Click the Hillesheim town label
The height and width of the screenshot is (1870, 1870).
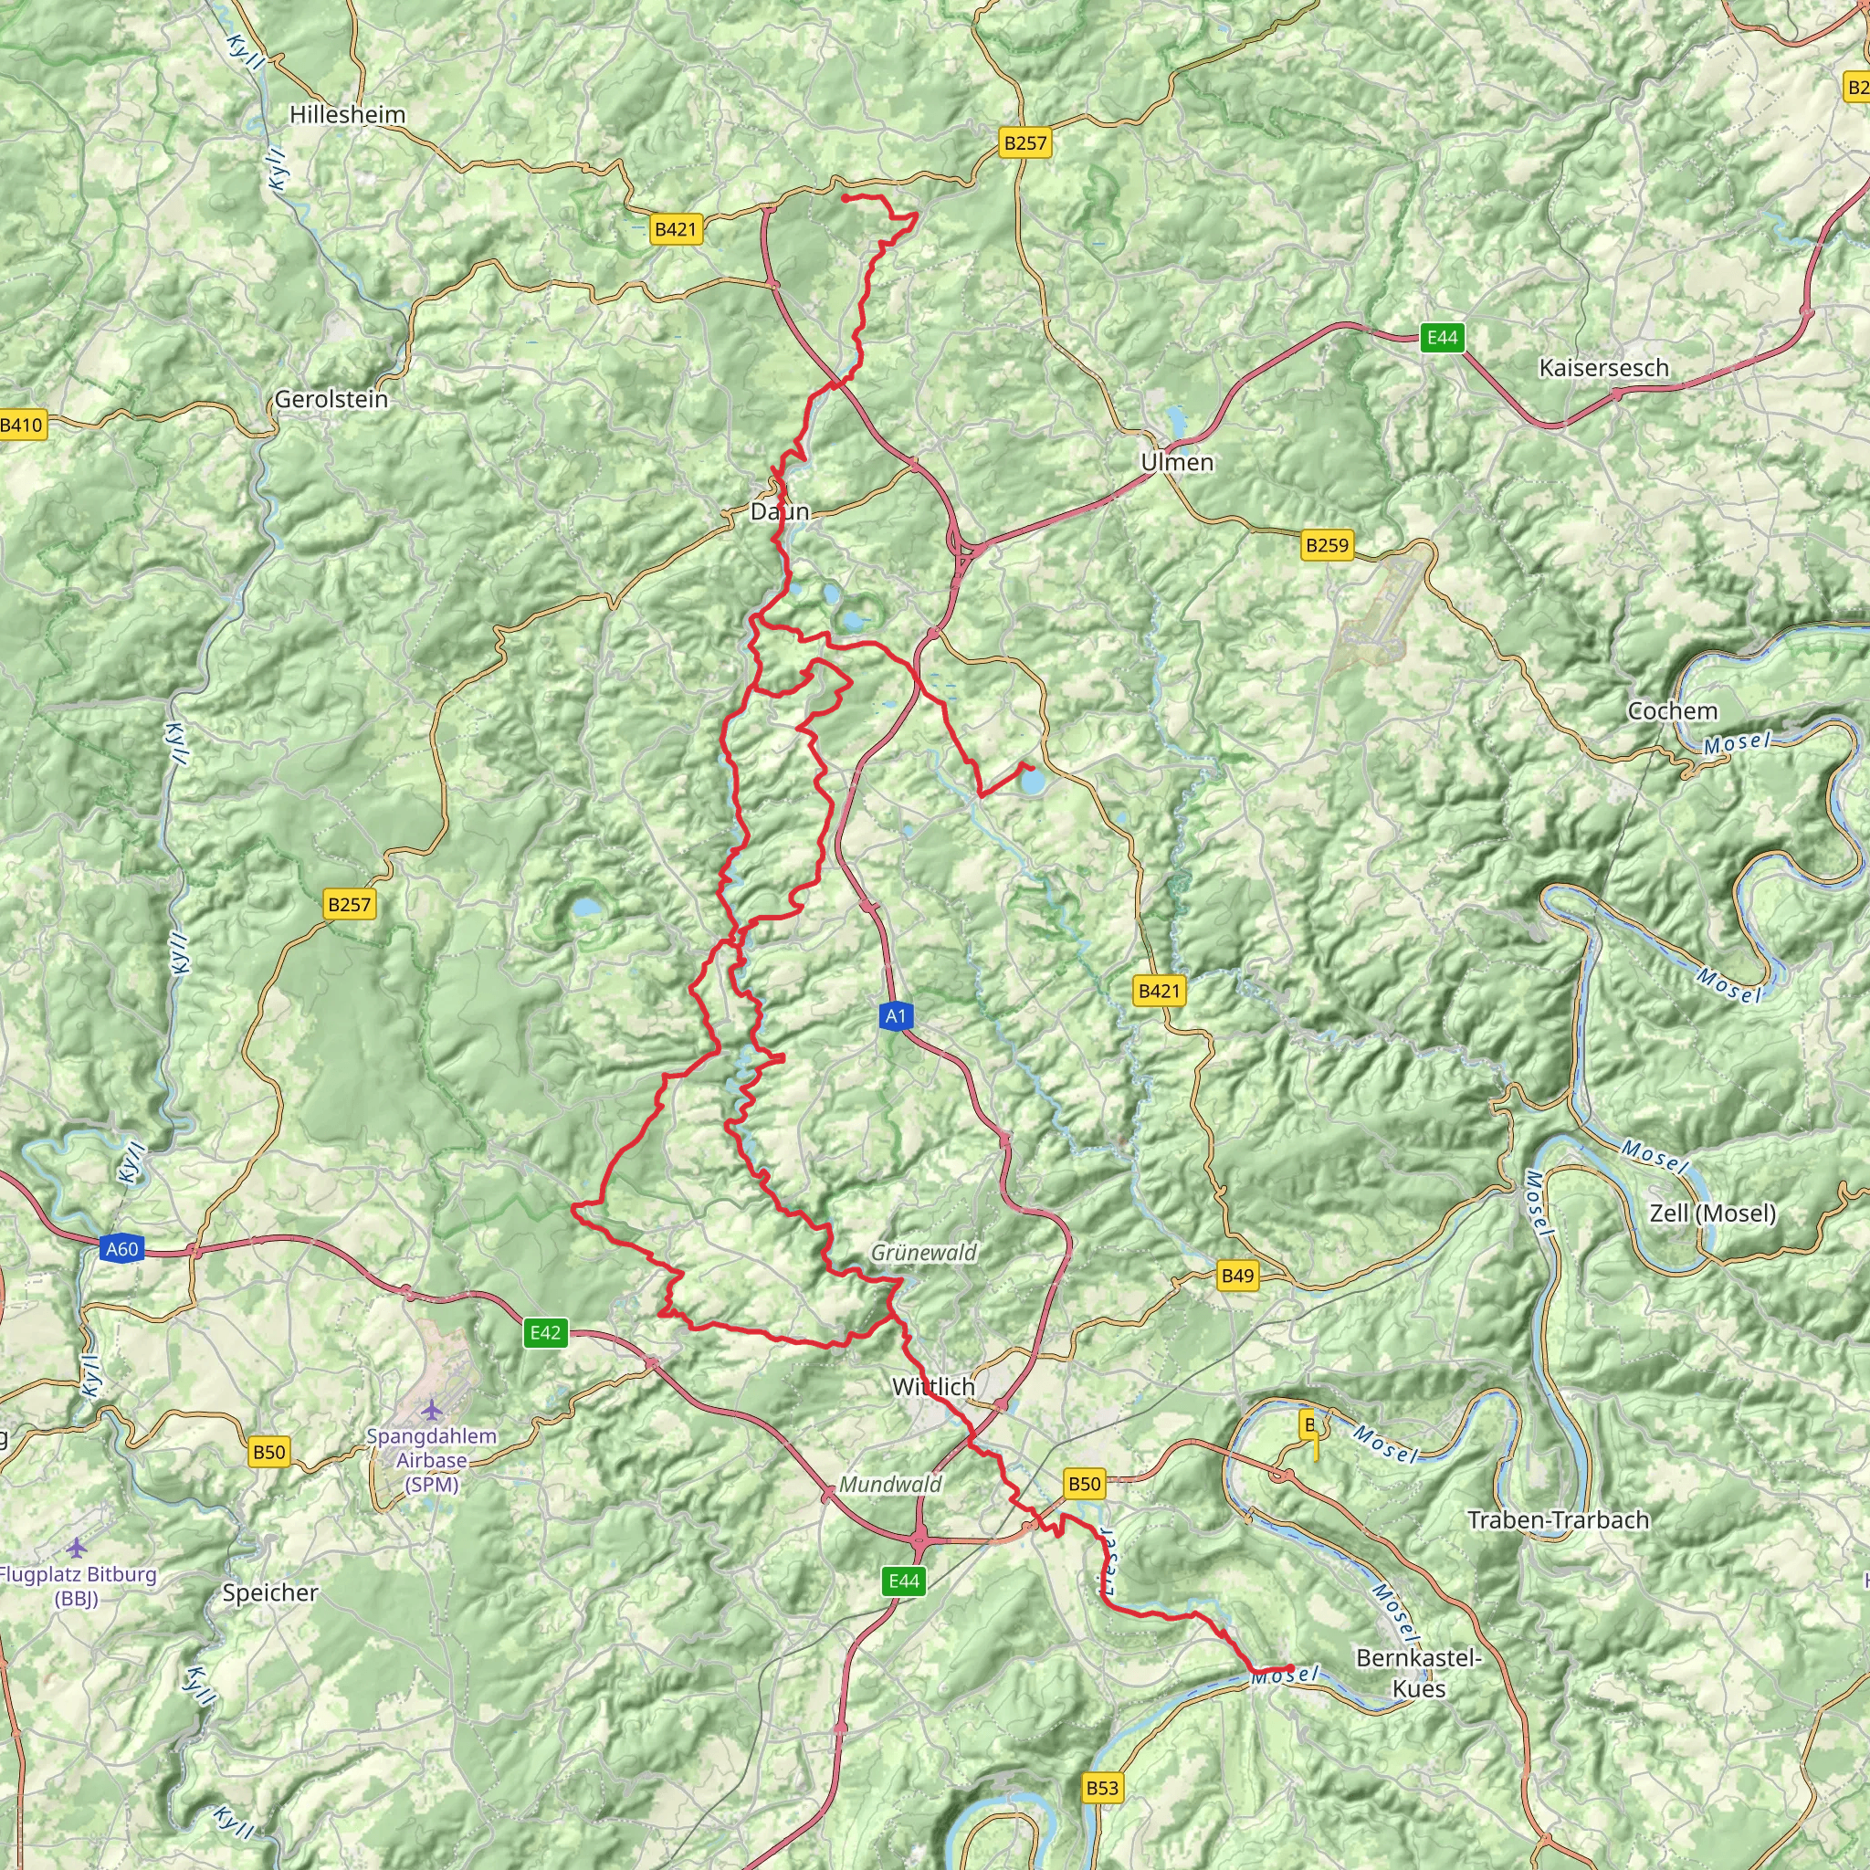click(348, 114)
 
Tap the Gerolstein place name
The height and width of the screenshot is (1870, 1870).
click(331, 399)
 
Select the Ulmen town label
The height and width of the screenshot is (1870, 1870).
click(1176, 462)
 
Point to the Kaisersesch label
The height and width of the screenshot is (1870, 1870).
click(1603, 368)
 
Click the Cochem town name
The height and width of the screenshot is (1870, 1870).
click(1673, 710)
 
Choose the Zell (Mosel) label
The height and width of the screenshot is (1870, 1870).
click(1713, 1213)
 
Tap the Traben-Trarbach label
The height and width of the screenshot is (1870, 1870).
click(1559, 1519)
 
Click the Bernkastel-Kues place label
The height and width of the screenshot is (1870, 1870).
click(1419, 1673)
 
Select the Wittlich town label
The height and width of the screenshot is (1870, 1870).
click(933, 1386)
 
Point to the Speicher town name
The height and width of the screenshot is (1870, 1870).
click(270, 1592)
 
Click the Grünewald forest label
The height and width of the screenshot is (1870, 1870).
click(923, 1252)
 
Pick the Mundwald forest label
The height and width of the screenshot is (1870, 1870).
click(889, 1484)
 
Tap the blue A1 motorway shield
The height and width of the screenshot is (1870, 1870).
click(896, 1015)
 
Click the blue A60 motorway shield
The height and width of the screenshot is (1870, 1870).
click(122, 1248)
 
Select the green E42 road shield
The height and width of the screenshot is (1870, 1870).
click(545, 1333)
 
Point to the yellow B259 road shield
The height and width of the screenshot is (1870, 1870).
click(1326, 545)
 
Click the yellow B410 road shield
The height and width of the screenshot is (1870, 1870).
click(21, 424)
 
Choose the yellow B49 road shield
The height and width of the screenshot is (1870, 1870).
click(1237, 1276)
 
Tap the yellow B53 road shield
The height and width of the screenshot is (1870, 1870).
click(1101, 1788)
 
